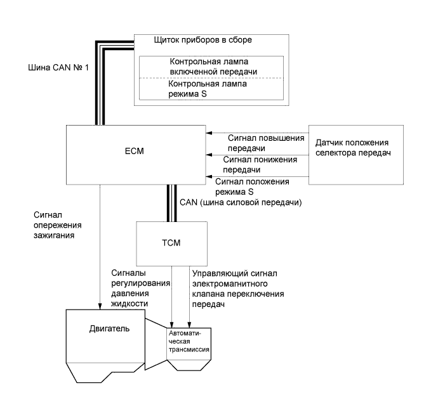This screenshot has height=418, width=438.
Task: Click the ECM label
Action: [x=135, y=151]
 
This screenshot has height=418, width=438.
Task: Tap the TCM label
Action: [x=171, y=243]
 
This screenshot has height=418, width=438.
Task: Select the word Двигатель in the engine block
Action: [x=109, y=329]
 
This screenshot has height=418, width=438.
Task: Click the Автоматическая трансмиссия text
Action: [x=189, y=341]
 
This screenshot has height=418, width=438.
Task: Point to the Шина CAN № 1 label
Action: [x=58, y=67]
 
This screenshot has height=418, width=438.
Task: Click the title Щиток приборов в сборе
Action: [x=202, y=40]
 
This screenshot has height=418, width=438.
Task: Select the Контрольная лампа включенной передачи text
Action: [x=213, y=67]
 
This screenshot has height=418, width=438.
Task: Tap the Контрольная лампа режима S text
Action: [x=208, y=89]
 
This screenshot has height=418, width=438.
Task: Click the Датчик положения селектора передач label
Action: [x=353, y=148]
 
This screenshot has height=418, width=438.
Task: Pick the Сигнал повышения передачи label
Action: [x=266, y=143]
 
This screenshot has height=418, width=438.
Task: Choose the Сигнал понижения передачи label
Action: [x=260, y=165]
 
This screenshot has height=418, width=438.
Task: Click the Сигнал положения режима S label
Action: [x=252, y=186]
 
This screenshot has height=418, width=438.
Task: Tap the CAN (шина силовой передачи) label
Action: [x=241, y=202]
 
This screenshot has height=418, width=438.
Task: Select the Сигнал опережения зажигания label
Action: [x=58, y=225]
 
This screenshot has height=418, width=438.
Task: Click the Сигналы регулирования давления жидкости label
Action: [x=140, y=288]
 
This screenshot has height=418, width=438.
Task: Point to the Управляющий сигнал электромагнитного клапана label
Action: [x=238, y=289]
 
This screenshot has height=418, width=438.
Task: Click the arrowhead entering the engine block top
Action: [x=100, y=306]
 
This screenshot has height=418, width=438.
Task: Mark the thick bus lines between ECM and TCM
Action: [x=172, y=203]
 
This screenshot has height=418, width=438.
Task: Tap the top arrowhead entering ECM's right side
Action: [x=209, y=133]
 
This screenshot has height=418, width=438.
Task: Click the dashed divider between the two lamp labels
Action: [x=211, y=78]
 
